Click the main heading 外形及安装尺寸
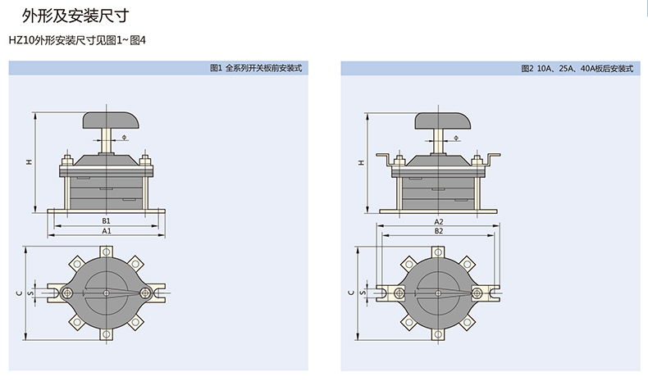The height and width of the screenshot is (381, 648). click(x=75, y=16)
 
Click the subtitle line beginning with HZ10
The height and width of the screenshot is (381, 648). click(x=77, y=40)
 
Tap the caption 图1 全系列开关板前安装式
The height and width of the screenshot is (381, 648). click(x=256, y=68)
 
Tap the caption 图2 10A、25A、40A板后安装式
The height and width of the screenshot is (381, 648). click(x=577, y=69)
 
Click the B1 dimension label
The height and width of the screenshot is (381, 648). click(x=106, y=221)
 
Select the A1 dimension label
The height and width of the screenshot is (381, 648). click(x=106, y=231)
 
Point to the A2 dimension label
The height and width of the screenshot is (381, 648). click(x=439, y=222)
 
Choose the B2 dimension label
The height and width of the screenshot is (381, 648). click(x=439, y=231)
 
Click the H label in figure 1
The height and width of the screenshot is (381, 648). click(x=29, y=162)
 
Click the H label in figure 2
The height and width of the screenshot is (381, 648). click(x=361, y=162)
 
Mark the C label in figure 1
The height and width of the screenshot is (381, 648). click(x=19, y=293)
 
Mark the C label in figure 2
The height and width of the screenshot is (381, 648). click(x=351, y=293)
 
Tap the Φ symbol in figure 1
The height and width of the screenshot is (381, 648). click(x=125, y=137)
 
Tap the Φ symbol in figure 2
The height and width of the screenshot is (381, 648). click(x=456, y=138)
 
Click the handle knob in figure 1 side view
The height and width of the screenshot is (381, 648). click(x=111, y=120)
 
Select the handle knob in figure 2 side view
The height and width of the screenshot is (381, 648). click(x=443, y=121)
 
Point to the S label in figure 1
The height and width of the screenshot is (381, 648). click(x=30, y=293)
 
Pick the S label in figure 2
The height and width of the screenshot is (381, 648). click(x=363, y=293)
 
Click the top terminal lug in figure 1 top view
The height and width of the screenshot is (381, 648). click(x=106, y=252)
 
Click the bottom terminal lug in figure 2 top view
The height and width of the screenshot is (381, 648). click(x=438, y=334)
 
